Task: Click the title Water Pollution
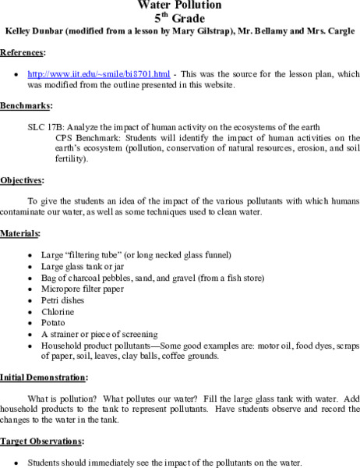179,5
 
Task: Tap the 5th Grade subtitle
180,17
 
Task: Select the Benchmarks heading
26,105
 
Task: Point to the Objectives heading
21,179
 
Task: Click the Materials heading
20,232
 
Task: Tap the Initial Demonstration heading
43,377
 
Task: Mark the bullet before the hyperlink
16,75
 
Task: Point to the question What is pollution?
64,398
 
